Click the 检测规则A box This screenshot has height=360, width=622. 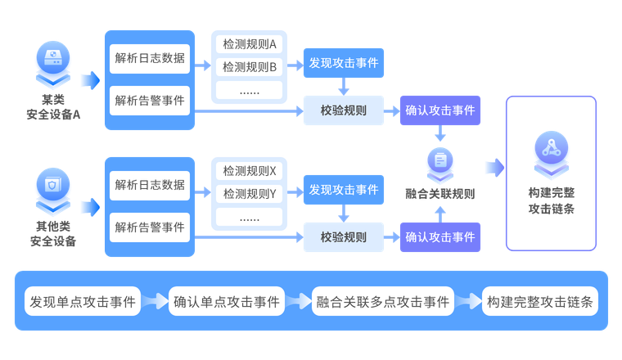coord(250,43)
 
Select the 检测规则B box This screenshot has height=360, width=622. coord(250,66)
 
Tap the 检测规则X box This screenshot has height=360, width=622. coord(250,171)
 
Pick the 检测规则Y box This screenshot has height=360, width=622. coord(250,194)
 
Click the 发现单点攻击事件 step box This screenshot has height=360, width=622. coord(83,301)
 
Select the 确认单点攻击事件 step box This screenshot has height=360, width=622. coord(227,301)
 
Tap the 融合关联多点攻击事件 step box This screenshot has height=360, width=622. coord(382,301)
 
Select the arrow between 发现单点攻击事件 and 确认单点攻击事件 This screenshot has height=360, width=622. coord(155,301)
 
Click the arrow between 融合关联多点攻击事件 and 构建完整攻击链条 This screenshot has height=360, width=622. coord(468,301)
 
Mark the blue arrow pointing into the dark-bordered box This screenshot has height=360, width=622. coord(494,168)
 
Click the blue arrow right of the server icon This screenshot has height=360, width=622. coord(90,80)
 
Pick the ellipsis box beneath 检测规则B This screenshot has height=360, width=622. coord(250,90)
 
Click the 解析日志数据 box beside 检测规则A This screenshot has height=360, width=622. coord(150,59)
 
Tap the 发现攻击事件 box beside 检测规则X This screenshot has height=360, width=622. coord(344,190)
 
